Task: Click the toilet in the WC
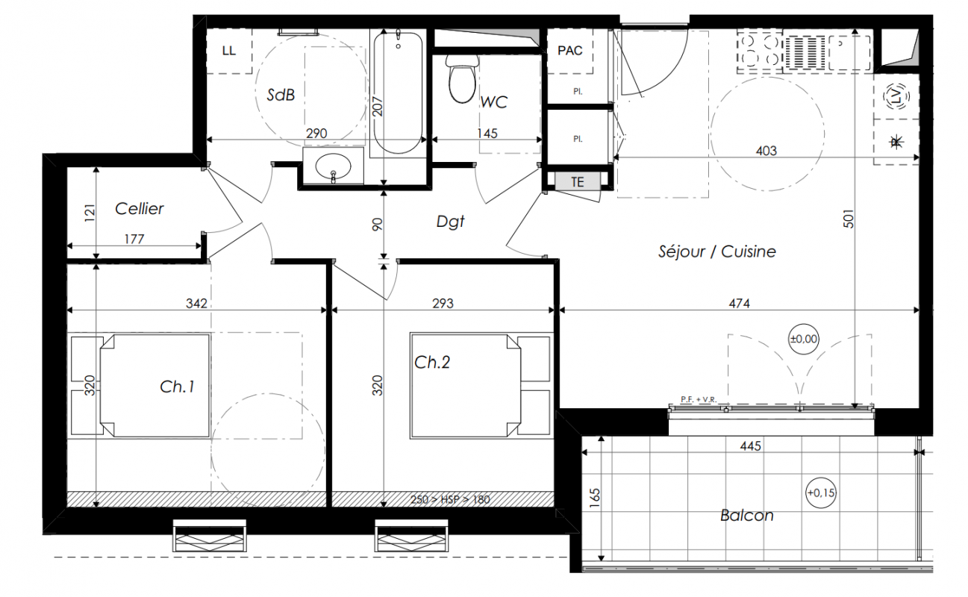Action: coord(462,78)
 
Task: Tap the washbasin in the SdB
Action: coord(333,166)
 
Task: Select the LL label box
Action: coord(229,51)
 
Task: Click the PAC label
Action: coord(570,51)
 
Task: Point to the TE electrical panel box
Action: coord(578,182)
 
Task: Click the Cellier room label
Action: coord(139,209)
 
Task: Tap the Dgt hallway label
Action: coord(450,222)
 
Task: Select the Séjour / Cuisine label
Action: coord(717,251)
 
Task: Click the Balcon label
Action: coord(747,516)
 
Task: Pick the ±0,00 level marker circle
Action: coord(804,339)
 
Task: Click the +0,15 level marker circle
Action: coord(821,493)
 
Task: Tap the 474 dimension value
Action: coord(740,304)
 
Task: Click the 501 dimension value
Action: coord(849,219)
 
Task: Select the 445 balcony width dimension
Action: coord(751,446)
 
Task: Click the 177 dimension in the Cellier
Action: coord(134,240)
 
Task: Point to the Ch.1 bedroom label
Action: coord(177,387)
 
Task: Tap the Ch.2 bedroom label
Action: coord(432,363)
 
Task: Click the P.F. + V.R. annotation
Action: coord(699,399)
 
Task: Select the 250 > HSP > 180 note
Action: coord(450,500)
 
